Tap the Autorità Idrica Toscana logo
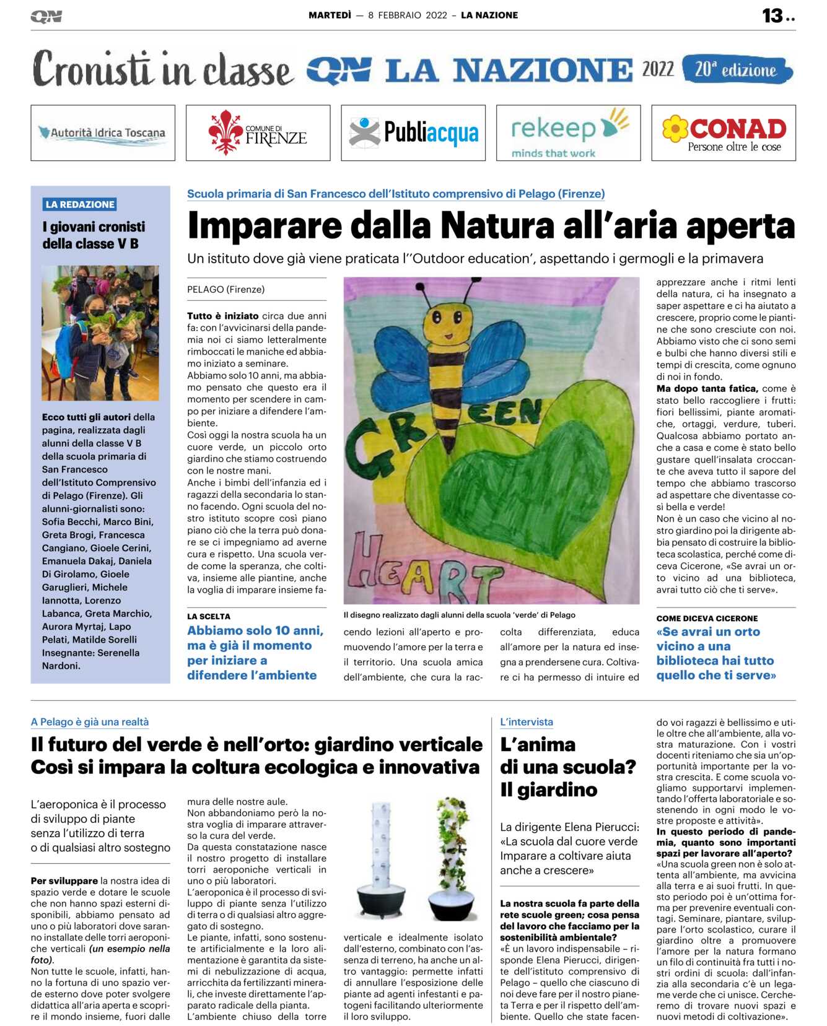click(103, 133)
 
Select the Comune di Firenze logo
click(258, 133)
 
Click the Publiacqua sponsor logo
click(413, 133)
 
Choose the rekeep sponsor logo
click(568, 133)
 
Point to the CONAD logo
click(723, 133)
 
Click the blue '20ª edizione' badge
click(737, 70)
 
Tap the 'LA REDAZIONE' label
click(80, 204)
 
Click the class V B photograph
click(100, 333)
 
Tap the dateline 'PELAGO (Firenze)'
click(226, 289)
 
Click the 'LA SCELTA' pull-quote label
click(209, 616)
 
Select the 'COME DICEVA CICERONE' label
click(707, 618)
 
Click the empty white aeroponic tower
click(380, 857)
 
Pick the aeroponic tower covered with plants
click(450, 857)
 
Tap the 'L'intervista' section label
click(527, 721)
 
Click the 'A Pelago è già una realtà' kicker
click(90, 721)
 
